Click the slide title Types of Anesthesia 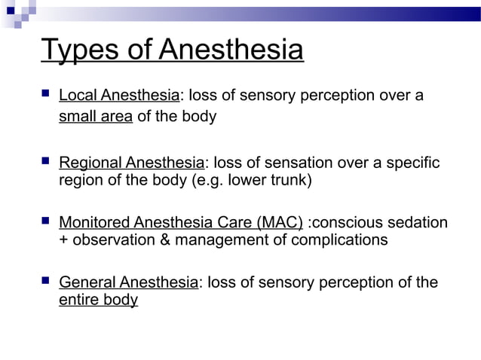[173, 50]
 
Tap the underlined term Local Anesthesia [119, 96]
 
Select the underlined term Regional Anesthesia [131, 163]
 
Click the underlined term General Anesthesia [128, 282]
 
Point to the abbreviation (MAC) [280, 223]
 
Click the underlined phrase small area [96, 117]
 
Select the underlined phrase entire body [98, 300]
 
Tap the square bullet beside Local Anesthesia [47, 94]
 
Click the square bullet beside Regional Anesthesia [47, 161]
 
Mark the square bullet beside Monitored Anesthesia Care [47, 221]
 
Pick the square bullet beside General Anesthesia [47, 281]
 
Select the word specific [412, 163]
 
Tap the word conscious [350, 223]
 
